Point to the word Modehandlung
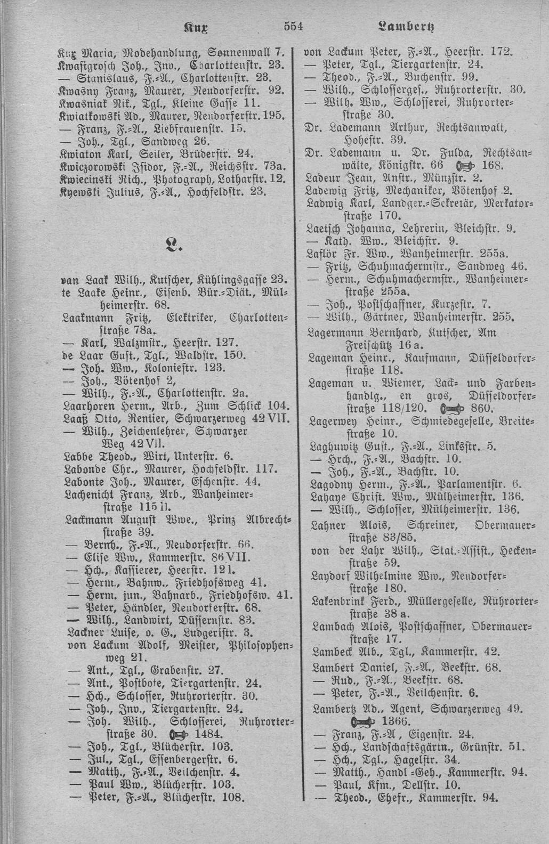(x=143, y=53)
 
